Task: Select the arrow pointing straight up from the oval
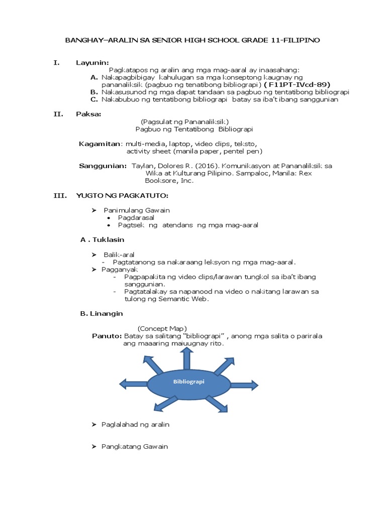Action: [x=186, y=357]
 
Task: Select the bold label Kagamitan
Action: [x=100, y=144]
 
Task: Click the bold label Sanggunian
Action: [x=103, y=166]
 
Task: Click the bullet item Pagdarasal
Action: [x=136, y=218]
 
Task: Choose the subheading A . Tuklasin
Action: [x=102, y=240]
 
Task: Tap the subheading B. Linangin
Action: [x=102, y=313]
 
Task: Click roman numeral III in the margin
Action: [x=60, y=195]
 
